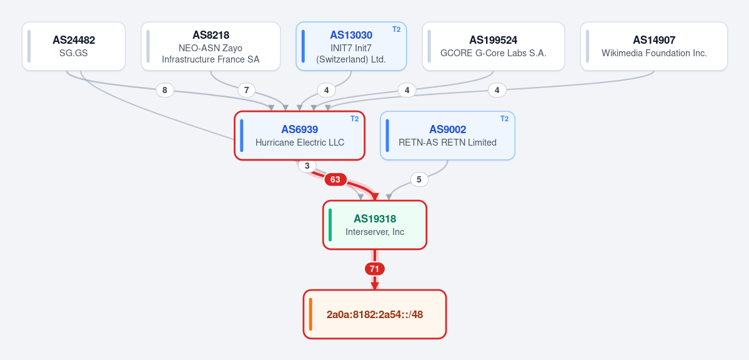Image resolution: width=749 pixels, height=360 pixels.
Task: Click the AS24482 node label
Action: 74,40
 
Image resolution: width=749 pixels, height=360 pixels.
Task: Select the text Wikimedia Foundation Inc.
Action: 654,53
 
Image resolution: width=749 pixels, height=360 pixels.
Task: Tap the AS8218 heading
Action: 211,35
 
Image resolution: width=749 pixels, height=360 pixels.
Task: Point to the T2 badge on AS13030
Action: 397,29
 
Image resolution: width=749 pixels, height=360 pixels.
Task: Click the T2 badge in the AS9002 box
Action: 504,119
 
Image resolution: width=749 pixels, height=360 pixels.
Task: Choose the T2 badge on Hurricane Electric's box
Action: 354,119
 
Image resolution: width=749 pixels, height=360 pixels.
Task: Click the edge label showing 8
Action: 165,90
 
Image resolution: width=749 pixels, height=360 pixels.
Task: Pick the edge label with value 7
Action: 247,90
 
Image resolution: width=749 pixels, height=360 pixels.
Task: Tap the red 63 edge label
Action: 335,180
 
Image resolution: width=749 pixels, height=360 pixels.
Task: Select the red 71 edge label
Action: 375,269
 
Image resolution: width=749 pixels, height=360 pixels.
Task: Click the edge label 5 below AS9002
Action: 419,180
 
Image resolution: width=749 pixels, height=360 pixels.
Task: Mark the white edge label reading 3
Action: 307,166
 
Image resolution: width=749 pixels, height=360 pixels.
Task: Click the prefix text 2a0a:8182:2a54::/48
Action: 375,314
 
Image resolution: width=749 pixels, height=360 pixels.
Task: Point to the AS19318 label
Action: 375,219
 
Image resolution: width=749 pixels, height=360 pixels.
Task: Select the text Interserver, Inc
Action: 375,232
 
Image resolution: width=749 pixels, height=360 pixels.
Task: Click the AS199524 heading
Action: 494,40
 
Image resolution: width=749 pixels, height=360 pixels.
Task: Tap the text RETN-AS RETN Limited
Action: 447,142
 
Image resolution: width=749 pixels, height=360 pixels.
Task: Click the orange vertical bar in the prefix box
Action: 310,314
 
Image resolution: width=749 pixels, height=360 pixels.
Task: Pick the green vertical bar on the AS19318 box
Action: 330,225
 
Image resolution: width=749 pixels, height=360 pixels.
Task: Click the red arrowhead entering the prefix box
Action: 375,286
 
